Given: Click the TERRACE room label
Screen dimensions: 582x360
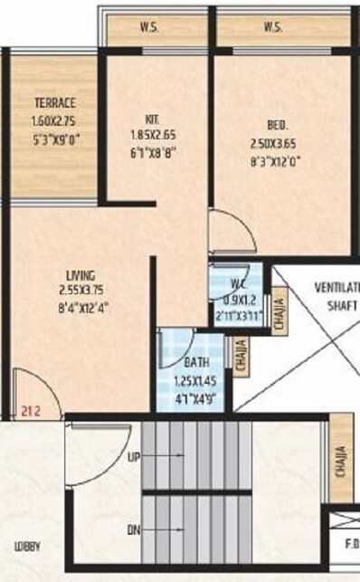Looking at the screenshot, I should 54,102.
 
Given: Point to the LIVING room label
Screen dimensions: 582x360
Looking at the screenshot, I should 81,274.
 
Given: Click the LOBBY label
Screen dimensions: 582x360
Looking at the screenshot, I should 26,548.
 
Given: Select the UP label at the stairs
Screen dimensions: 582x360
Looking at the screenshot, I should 134,457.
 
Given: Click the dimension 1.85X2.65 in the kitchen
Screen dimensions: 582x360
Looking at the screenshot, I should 152,136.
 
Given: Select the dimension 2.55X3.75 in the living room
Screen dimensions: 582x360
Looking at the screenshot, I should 81,291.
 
